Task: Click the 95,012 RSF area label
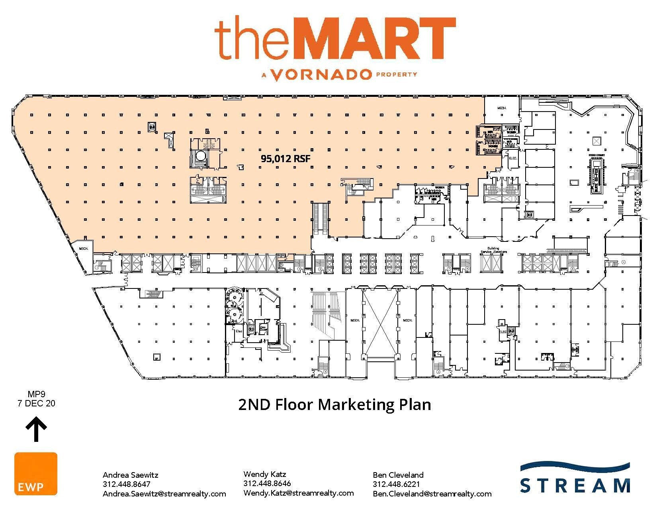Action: pos(285,159)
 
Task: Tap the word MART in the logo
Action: pos(377,39)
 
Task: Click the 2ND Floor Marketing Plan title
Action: pos(334,404)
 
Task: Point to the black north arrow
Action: pos(36,429)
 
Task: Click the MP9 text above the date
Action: pos(36,395)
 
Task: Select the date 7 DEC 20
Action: pos(36,404)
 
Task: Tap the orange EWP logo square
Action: pos(36,474)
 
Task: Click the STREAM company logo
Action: pos(575,478)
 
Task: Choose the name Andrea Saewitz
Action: pos(130,475)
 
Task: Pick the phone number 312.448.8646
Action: pos(267,483)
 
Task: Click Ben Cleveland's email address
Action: pos(432,494)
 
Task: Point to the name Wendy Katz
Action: pos(264,474)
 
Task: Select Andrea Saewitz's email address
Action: pos(164,494)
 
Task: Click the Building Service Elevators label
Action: pos(493,250)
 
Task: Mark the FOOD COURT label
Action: pos(597,155)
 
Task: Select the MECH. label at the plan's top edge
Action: pos(501,108)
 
